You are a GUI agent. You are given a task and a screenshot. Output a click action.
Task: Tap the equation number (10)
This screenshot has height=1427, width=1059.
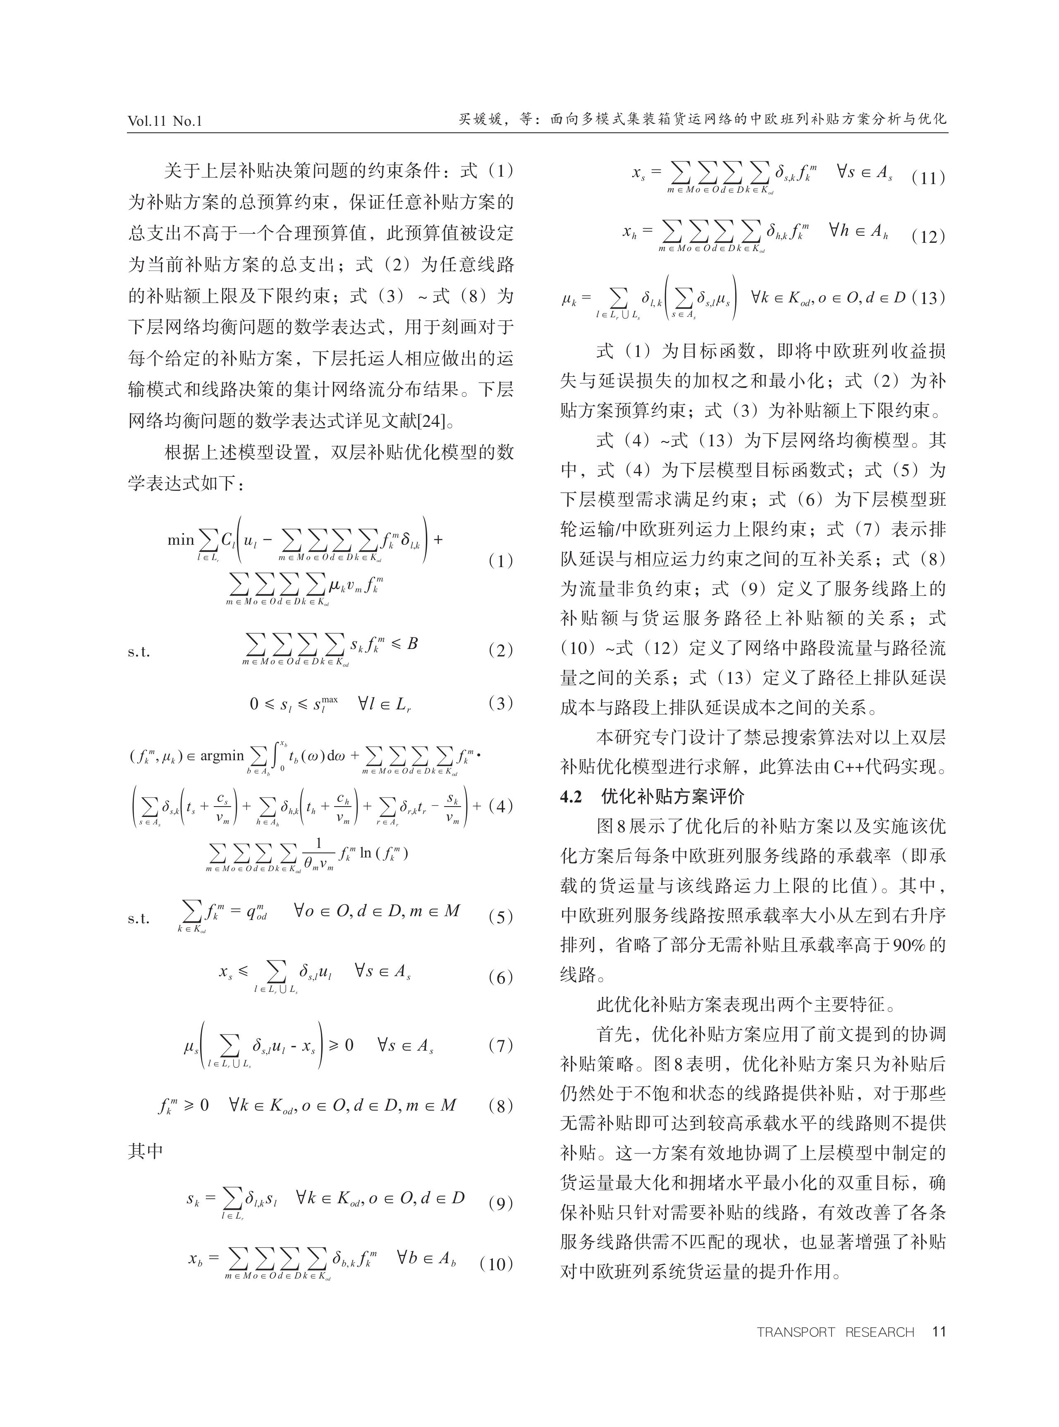(496, 1264)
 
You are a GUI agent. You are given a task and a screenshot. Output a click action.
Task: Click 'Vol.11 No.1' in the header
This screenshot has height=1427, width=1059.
(165, 120)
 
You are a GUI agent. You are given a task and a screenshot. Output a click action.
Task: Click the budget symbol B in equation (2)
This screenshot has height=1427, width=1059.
(412, 643)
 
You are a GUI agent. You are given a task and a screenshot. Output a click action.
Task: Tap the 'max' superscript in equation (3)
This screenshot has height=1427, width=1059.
(330, 698)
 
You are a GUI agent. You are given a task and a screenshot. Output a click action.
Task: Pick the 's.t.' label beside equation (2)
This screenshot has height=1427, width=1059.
(139, 652)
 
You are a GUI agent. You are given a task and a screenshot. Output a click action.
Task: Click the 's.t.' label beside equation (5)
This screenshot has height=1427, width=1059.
(139, 918)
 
